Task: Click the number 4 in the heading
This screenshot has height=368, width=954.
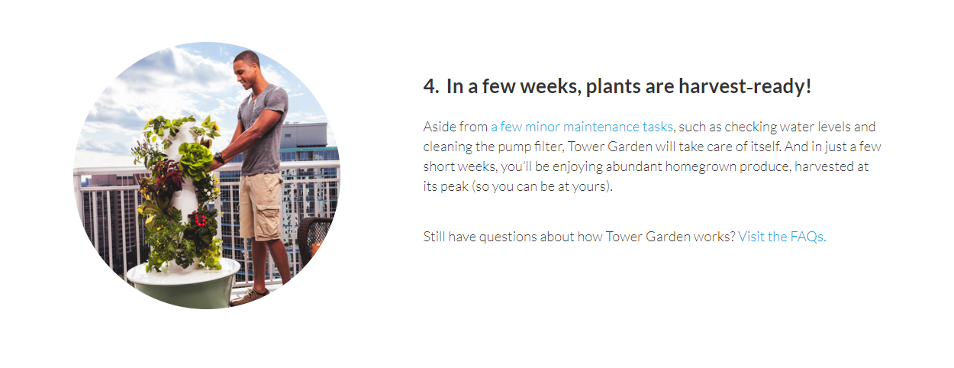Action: tap(430, 86)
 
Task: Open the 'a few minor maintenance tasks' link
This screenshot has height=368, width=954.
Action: tap(582, 127)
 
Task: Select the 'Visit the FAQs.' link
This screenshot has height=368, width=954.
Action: tap(782, 237)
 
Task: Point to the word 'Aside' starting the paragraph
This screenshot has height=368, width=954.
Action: tap(439, 127)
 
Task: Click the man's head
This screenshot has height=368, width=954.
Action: tap(247, 68)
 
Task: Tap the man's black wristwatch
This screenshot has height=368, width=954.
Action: tap(219, 158)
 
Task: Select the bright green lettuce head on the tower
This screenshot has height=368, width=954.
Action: tap(195, 160)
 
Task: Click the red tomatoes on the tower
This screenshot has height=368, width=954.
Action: tap(200, 220)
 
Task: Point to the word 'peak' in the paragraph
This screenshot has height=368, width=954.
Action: tap(454, 187)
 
